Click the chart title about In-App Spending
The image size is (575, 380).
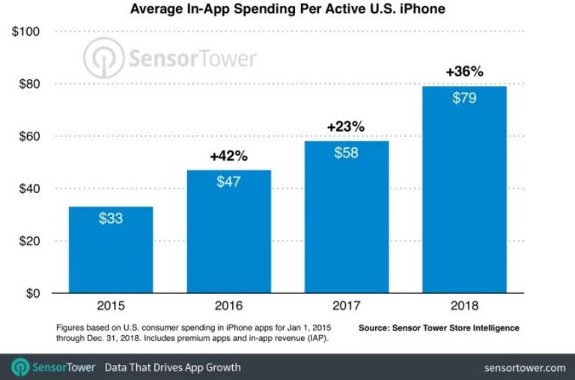pyautogui.click(x=287, y=10)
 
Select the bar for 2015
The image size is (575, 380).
pyautogui.click(x=111, y=251)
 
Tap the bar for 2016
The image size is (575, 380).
pyautogui.click(x=229, y=232)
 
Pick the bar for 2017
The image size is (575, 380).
pyautogui.click(x=346, y=217)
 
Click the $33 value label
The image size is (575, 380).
pyautogui.click(x=111, y=219)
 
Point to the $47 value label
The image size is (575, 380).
pyautogui.click(x=229, y=183)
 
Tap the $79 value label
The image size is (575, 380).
pyautogui.click(x=464, y=99)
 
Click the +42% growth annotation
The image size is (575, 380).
pyautogui.click(x=228, y=156)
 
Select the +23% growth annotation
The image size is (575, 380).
pyautogui.click(x=346, y=127)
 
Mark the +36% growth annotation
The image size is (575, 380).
pyautogui.click(x=464, y=72)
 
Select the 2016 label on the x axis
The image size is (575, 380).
pyautogui.click(x=229, y=307)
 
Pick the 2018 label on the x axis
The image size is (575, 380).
pyautogui.click(x=464, y=307)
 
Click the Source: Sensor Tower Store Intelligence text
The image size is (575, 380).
pyautogui.click(x=439, y=328)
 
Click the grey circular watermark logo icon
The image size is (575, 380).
pyautogui.click(x=103, y=58)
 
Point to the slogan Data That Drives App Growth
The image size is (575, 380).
pyautogui.click(x=172, y=367)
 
